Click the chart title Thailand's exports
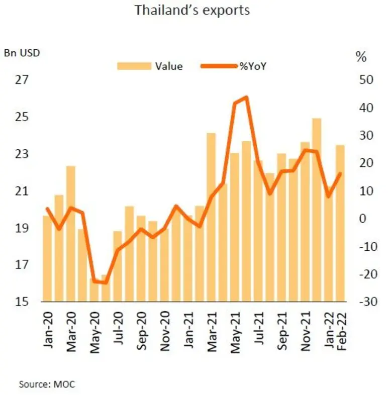pos(191,11)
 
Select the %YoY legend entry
pos(251,66)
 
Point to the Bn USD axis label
pos(22,52)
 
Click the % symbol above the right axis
pos(361,57)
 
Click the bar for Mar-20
pos(71,234)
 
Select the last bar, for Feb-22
pos(340,223)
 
